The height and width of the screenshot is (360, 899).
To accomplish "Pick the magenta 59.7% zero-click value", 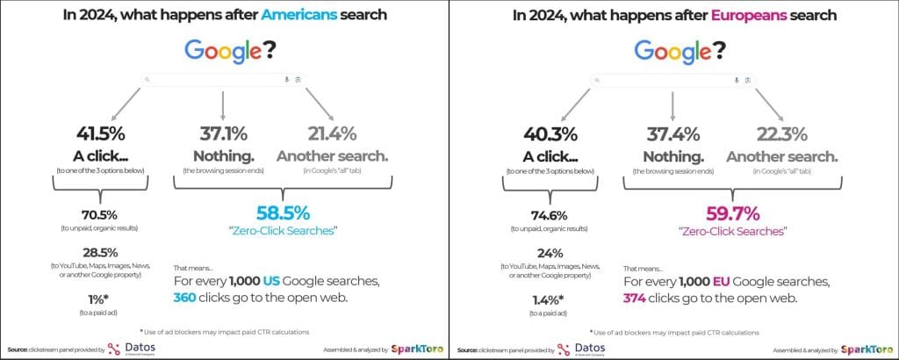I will (733, 212).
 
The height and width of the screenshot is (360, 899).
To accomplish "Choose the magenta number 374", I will (637, 299).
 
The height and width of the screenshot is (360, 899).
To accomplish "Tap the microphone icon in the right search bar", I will (736, 80).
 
